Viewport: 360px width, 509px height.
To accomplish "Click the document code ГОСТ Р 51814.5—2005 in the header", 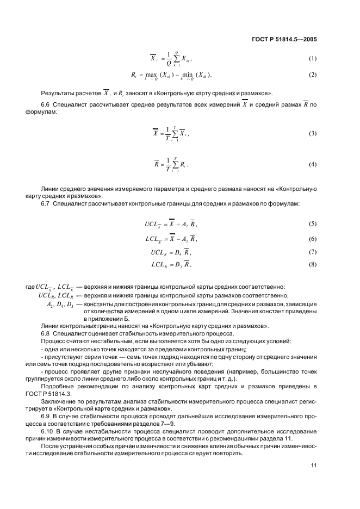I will pos(285,39).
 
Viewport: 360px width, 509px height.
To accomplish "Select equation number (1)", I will pos(313,58).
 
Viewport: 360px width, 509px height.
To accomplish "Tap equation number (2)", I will pos(313,74).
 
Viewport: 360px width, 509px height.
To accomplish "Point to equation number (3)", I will pos(313,133).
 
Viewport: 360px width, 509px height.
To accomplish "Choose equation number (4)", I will pos(313,164).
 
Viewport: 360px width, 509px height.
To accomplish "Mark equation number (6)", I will pos(313,239).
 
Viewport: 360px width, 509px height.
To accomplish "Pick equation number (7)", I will pos(313,252).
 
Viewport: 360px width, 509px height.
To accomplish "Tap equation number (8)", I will pos(313,265).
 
